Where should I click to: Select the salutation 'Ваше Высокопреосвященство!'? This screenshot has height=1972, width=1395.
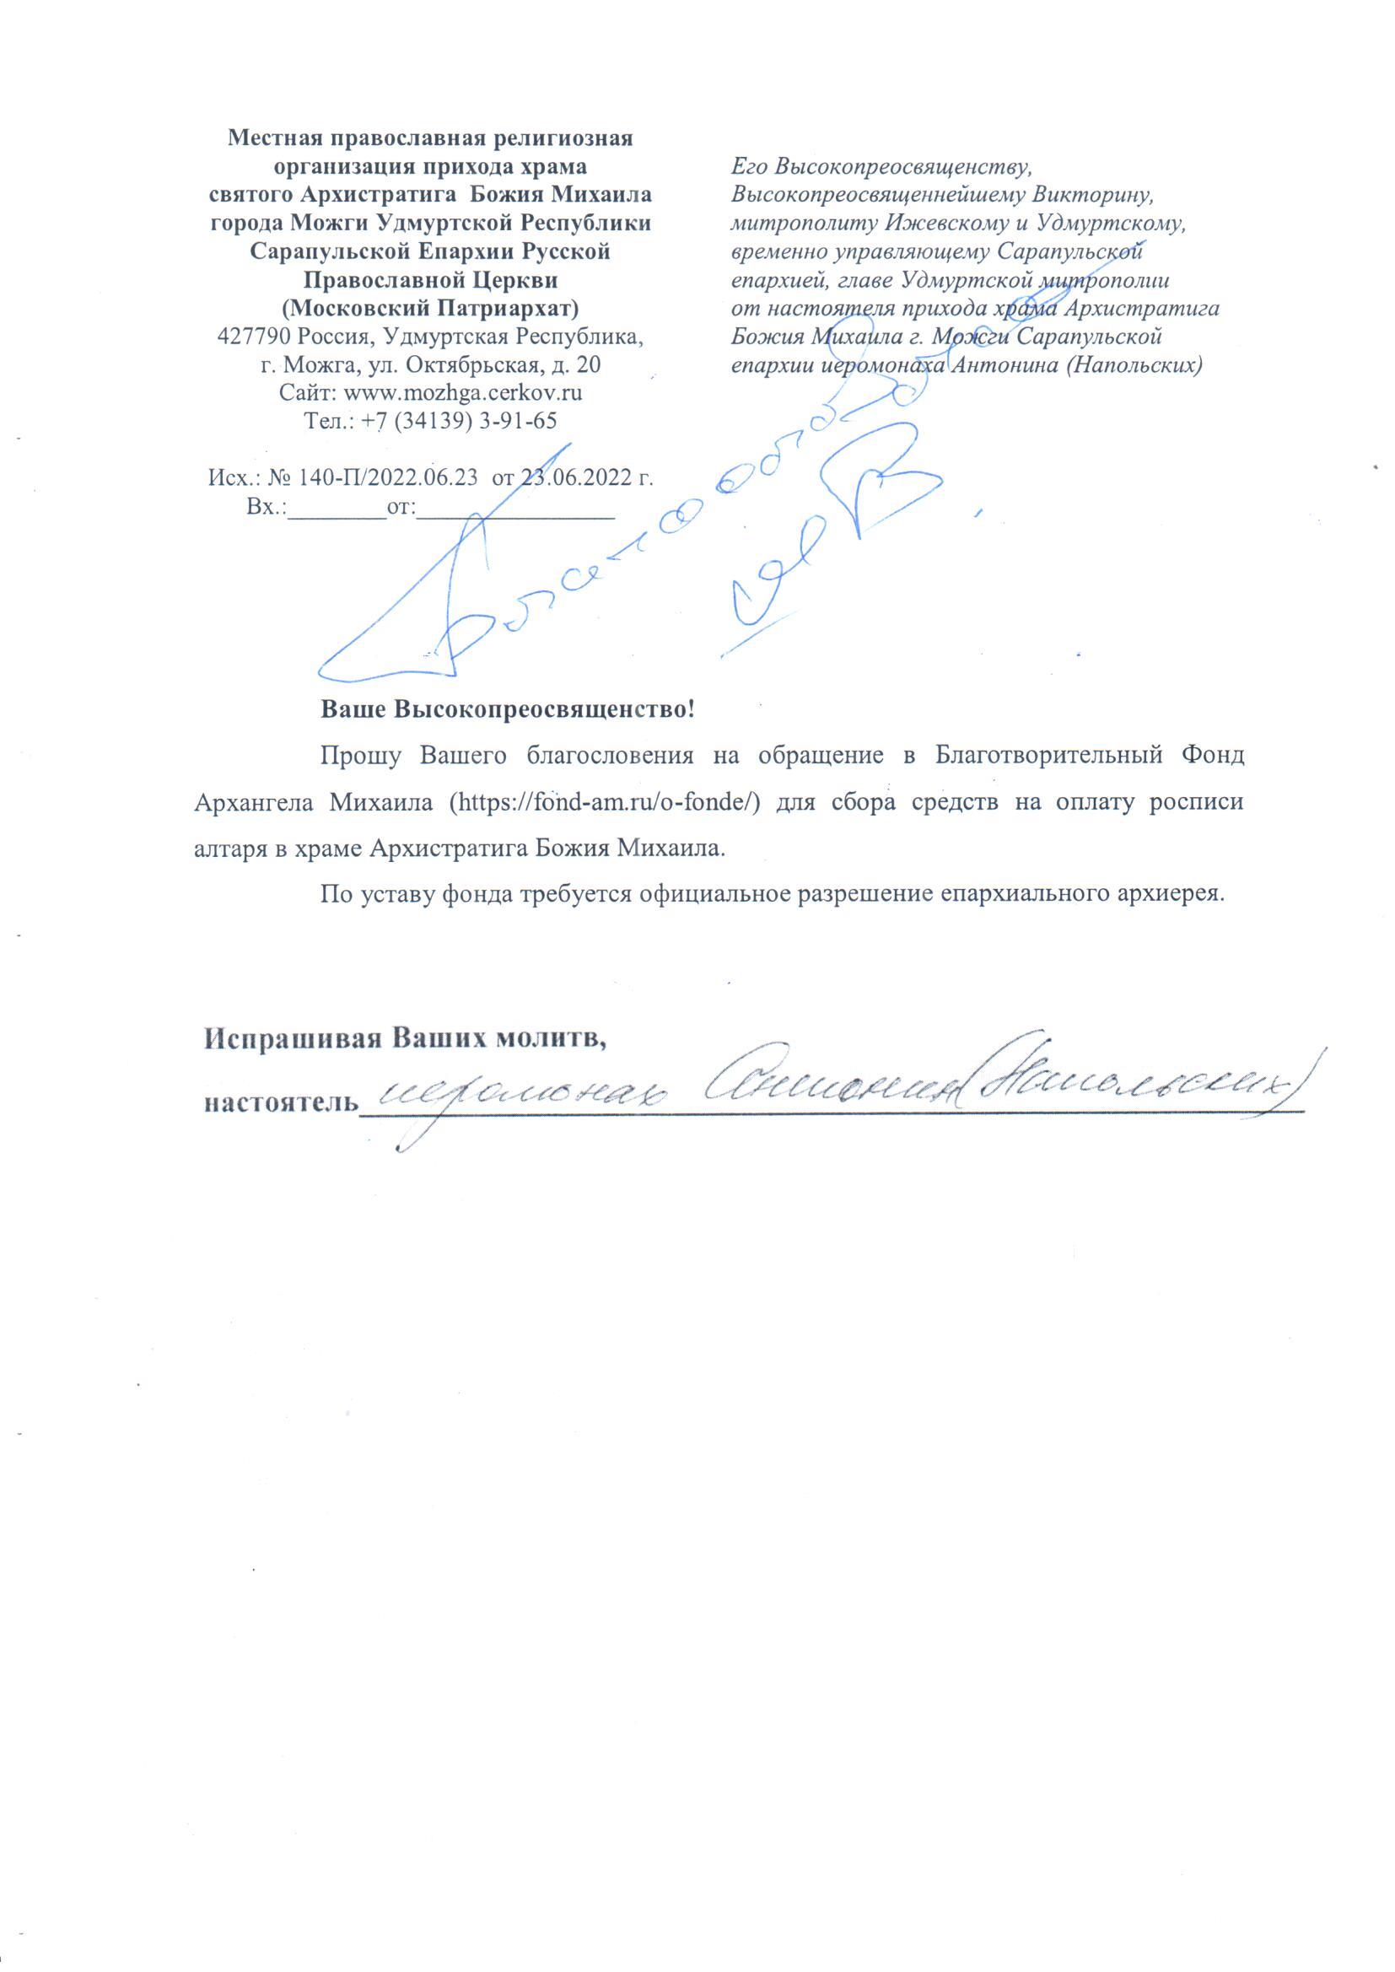pyautogui.click(x=507, y=709)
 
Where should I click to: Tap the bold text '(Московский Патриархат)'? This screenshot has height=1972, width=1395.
pyautogui.click(x=430, y=308)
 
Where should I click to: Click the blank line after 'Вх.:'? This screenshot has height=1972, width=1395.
pyautogui.click(x=337, y=509)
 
